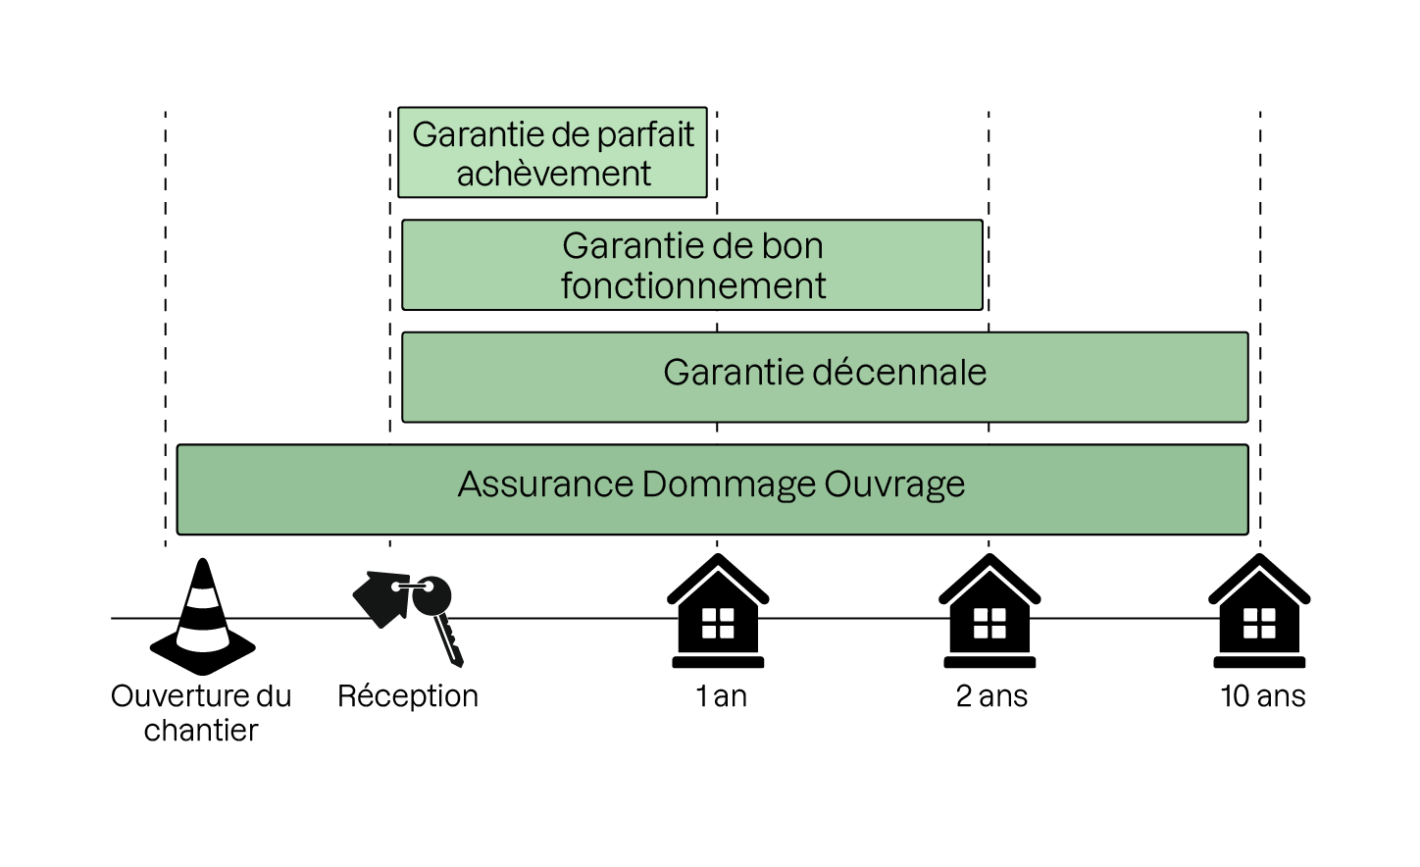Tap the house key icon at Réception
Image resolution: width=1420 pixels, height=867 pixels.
(x=407, y=613)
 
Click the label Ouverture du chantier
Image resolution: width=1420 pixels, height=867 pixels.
(x=201, y=713)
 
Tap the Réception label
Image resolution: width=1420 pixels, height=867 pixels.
(x=408, y=696)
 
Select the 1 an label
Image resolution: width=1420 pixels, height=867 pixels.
(x=721, y=696)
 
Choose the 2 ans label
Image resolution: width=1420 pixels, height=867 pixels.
(x=991, y=696)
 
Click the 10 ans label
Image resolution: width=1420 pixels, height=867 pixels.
(x=1262, y=696)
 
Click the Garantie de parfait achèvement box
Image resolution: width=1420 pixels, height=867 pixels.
(x=552, y=153)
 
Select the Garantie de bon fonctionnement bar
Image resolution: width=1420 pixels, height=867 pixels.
(x=692, y=265)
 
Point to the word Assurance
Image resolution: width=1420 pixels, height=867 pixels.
(x=545, y=484)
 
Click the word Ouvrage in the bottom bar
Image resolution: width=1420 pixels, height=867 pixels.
(x=894, y=484)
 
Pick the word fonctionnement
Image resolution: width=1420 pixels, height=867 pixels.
(x=693, y=286)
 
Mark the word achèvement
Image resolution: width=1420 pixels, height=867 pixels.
(x=553, y=174)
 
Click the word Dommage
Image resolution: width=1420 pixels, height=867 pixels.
(x=729, y=484)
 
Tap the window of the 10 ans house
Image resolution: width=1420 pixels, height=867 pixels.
(x=1259, y=624)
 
